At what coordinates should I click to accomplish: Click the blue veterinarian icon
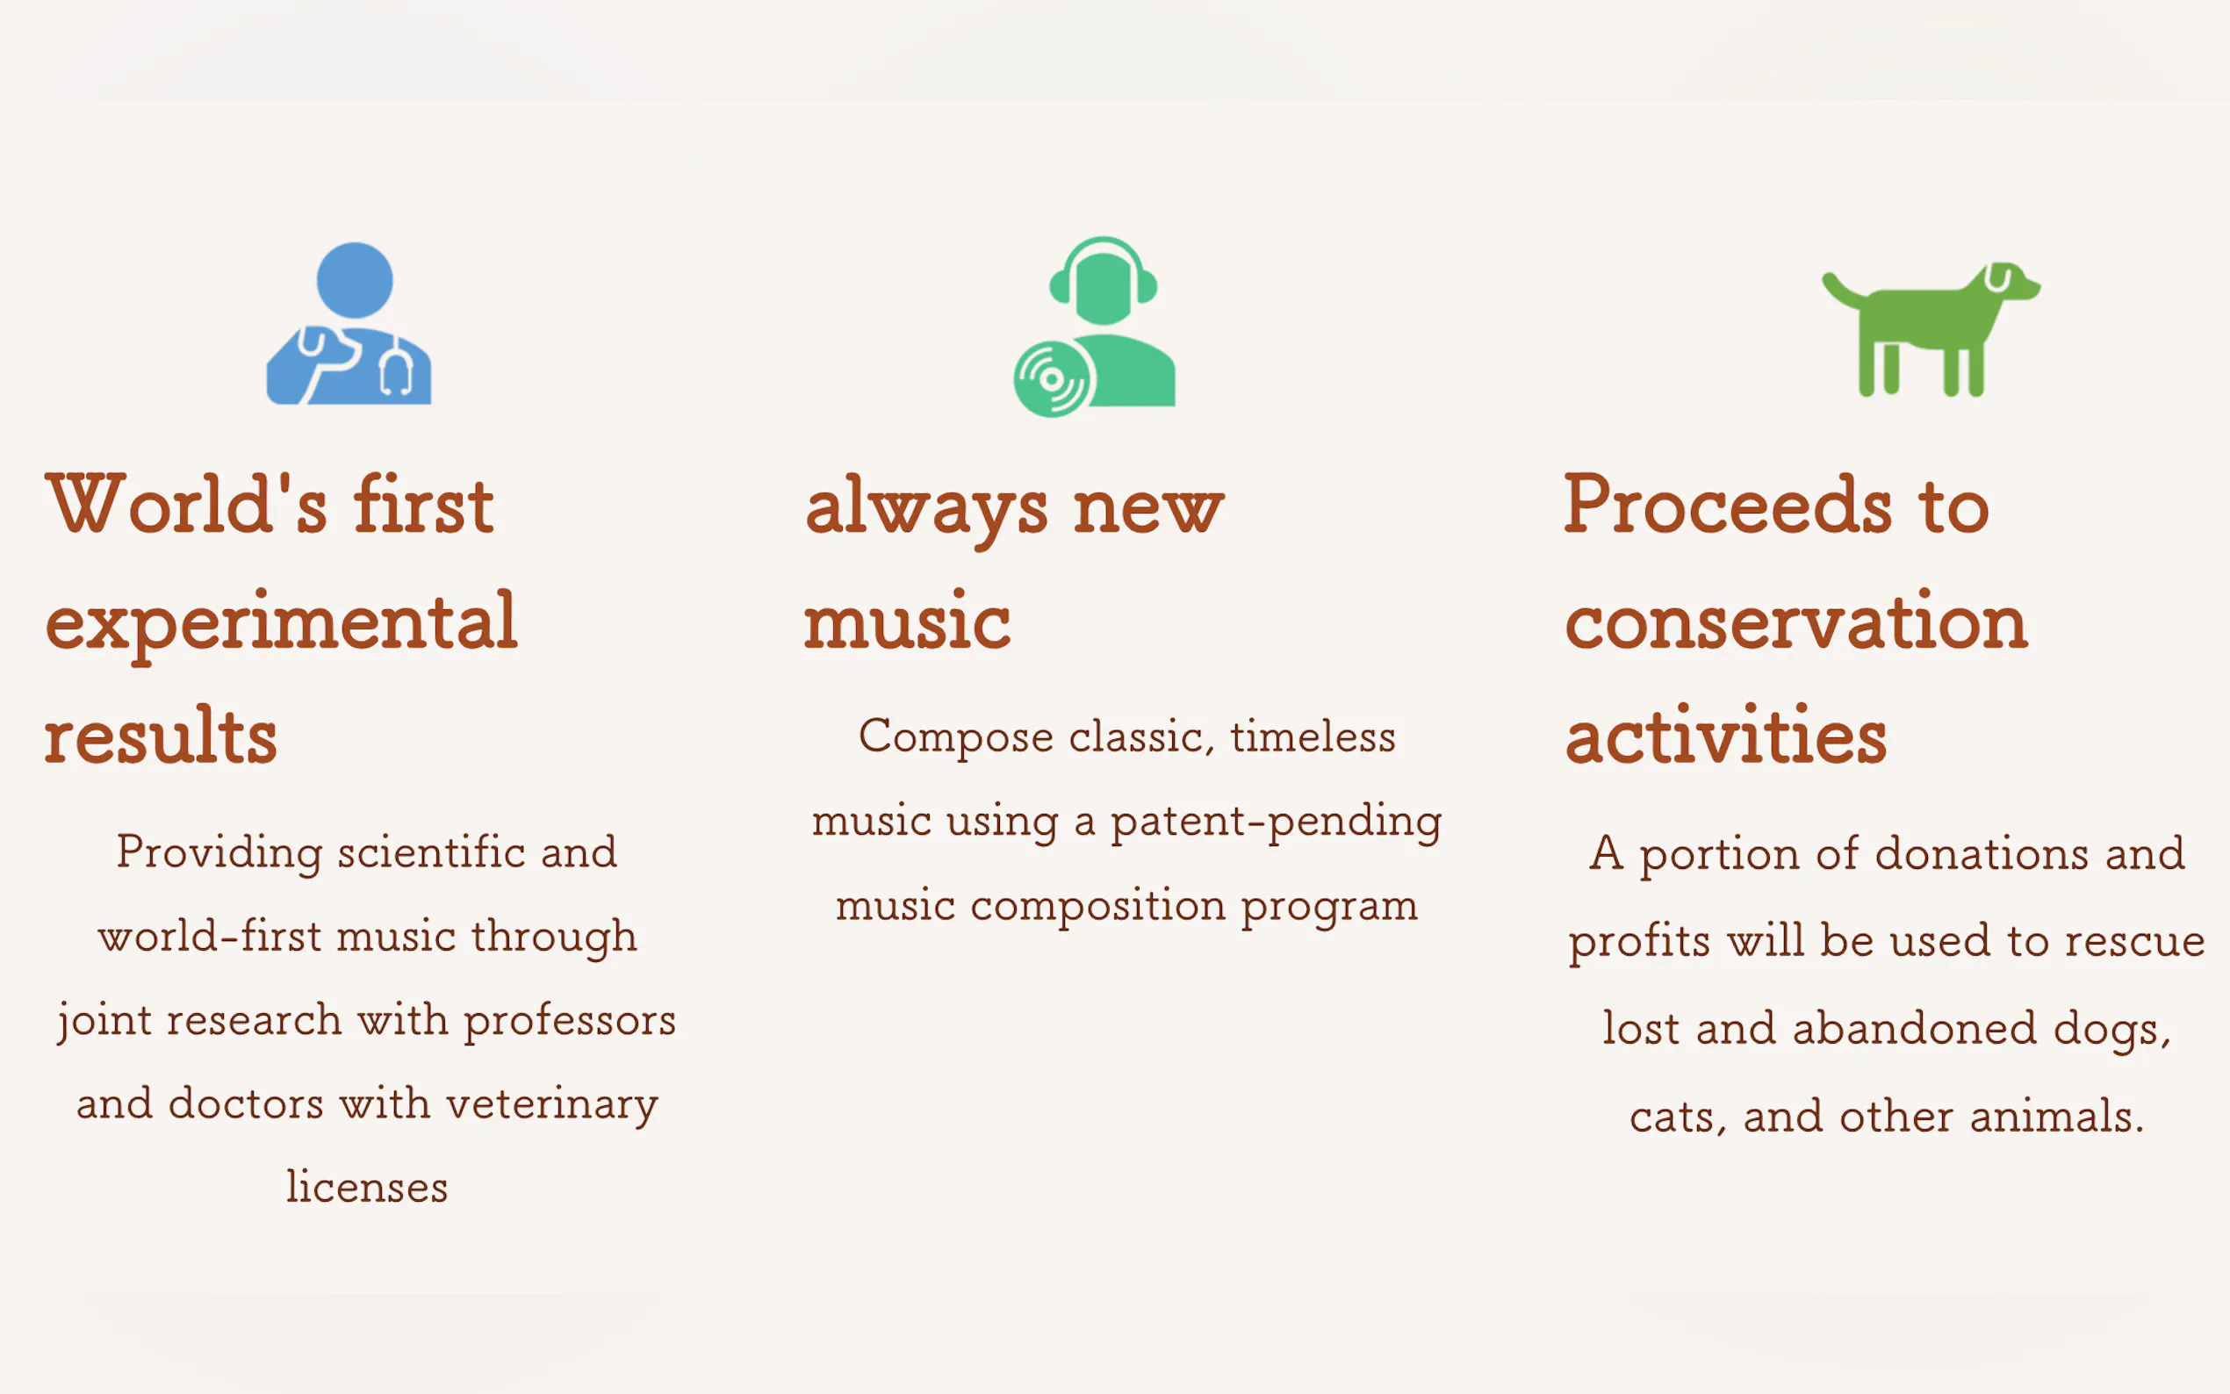pos(349,324)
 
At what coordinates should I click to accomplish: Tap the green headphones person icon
pos(1095,327)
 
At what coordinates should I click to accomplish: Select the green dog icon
pos(1931,329)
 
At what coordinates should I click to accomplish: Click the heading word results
pos(161,736)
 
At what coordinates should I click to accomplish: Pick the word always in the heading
pos(926,510)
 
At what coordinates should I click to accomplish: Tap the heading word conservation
pos(1796,622)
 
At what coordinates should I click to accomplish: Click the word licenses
pos(367,1187)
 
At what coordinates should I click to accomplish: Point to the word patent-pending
pos(1276,823)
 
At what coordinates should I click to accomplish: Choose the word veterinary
pos(552,1104)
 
